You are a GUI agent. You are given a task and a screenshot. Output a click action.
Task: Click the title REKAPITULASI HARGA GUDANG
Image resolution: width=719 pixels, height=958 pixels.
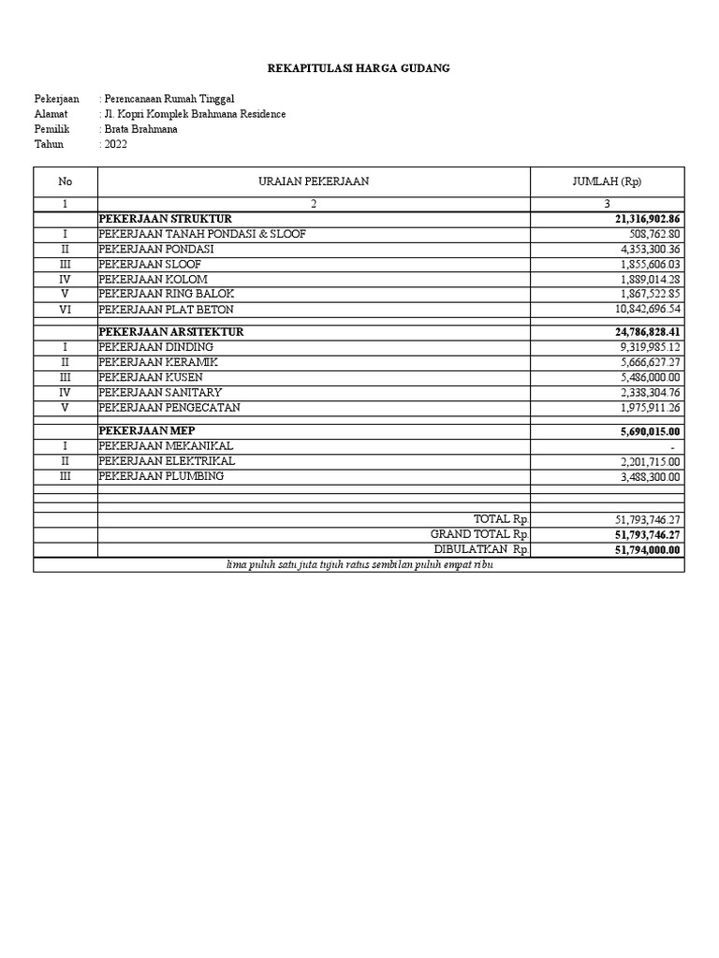point(359,68)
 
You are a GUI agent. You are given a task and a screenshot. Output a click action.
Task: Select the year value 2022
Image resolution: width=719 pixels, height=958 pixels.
point(115,144)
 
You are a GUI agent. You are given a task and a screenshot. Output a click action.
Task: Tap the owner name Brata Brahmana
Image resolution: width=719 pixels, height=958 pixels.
point(140,129)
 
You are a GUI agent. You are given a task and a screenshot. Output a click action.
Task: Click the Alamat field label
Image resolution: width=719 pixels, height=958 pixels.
point(51,114)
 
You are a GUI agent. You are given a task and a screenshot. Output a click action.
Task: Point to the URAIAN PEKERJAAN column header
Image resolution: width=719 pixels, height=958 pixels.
point(314,181)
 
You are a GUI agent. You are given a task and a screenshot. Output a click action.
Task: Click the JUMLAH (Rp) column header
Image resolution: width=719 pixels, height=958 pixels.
point(607,181)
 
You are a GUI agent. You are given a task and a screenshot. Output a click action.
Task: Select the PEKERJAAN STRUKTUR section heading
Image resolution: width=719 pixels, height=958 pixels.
point(165,219)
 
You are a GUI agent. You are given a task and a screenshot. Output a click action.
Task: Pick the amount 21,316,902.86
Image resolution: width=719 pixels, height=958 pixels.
point(647,219)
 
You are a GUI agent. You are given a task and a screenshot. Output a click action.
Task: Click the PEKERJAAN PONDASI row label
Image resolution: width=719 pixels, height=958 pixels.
point(156,249)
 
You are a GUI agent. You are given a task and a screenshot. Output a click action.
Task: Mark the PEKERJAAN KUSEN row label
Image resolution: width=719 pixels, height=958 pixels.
point(152,377)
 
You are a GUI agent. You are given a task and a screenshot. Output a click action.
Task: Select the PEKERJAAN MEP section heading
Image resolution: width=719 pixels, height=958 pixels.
point(147,430)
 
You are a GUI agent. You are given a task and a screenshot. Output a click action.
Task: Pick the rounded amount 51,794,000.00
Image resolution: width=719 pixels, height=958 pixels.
point(647,550)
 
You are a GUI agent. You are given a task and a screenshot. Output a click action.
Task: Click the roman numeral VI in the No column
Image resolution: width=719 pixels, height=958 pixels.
point(65,309)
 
